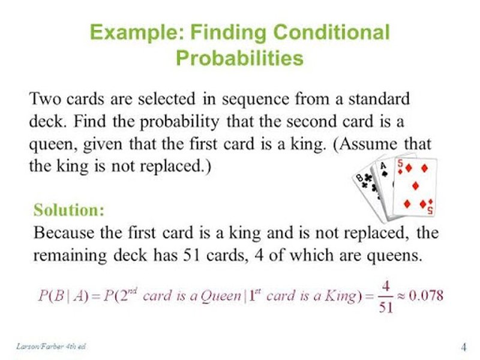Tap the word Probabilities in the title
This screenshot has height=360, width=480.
coord(239,58)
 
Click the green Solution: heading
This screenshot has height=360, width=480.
coord(69,211)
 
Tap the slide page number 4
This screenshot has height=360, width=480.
coord(463,346)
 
